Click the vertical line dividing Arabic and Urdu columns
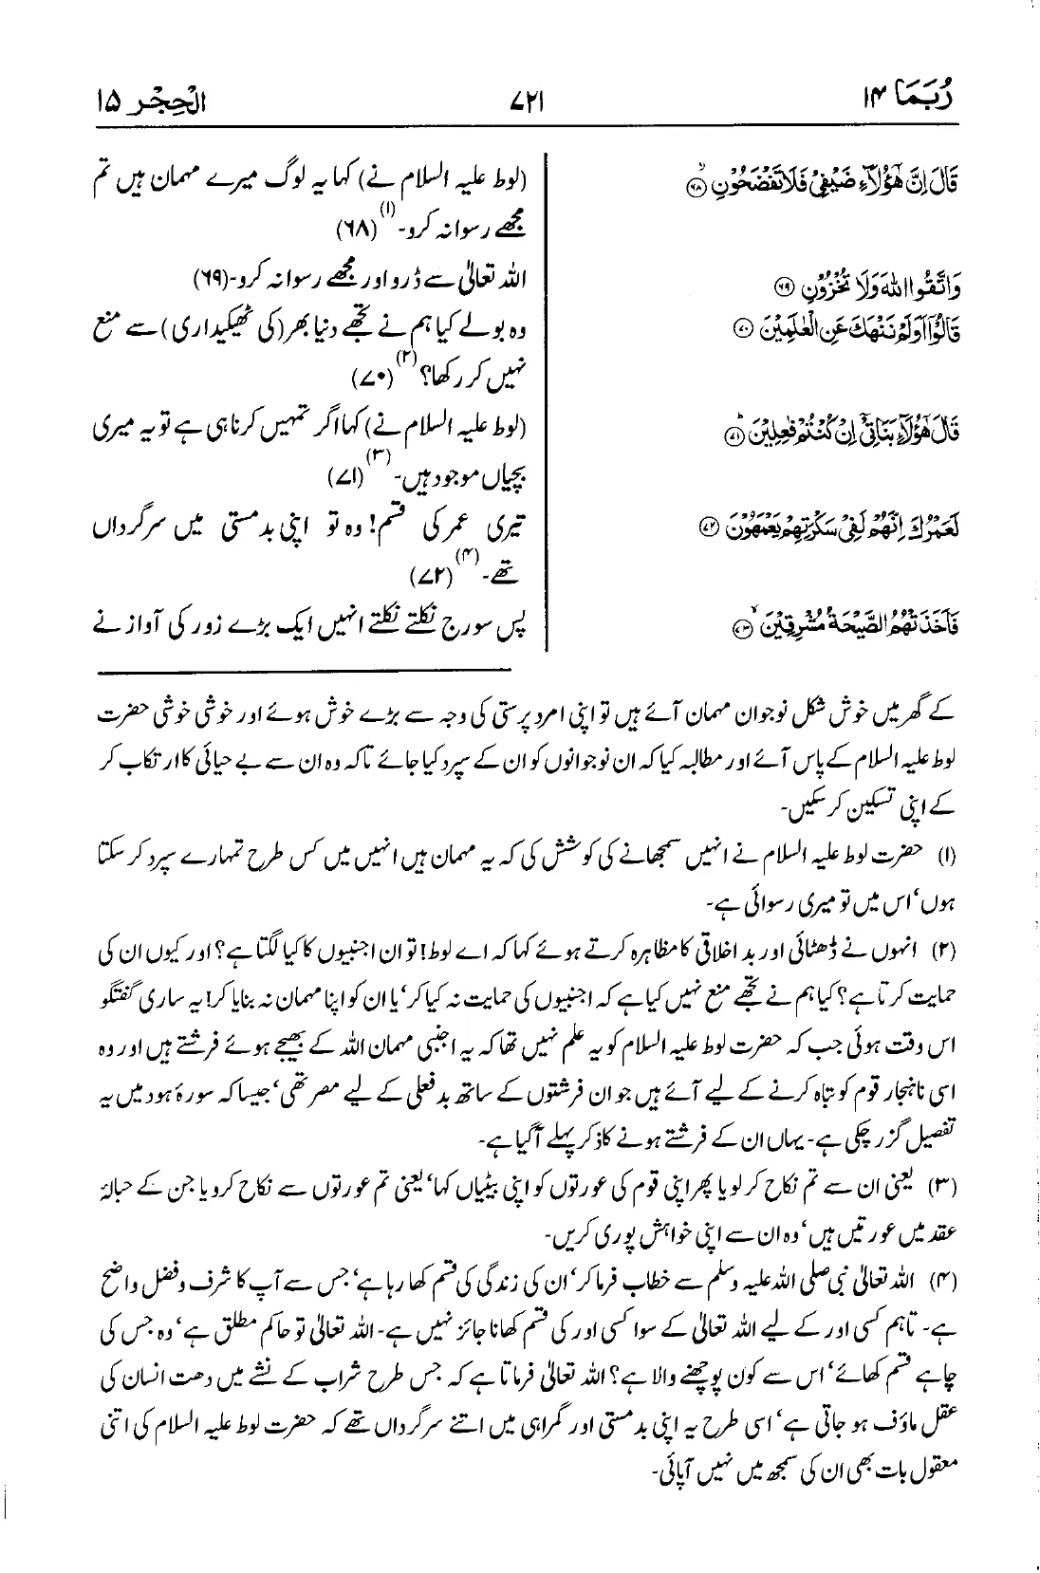coord(548,398)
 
